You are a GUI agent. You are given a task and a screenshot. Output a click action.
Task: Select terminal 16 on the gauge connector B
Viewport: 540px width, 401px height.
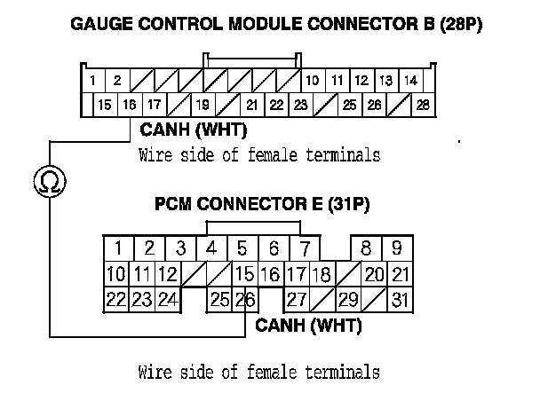click(130, 105)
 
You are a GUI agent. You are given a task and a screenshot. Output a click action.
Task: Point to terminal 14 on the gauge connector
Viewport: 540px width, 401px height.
click(409, 81)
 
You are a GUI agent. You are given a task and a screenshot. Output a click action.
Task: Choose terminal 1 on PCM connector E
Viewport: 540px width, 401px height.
click(116, 248)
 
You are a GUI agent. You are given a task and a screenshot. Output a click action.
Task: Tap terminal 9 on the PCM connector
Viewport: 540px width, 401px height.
click(396, 248)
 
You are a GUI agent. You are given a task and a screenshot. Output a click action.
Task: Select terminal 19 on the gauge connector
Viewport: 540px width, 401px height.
click(203, 105)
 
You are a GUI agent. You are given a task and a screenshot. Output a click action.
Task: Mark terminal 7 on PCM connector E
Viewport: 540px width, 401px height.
click(305, 248)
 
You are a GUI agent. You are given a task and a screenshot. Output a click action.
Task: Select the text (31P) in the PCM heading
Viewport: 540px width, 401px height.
click(348, 205)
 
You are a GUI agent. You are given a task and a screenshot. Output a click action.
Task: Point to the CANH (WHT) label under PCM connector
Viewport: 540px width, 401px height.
click(308, 326)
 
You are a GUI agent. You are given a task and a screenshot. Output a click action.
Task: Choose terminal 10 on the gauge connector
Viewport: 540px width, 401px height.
click(313, 81)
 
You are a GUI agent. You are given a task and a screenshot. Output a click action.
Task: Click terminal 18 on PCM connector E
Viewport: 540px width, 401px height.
click(322, 274)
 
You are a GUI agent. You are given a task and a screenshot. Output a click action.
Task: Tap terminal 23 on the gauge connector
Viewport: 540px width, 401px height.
click(300, 105)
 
